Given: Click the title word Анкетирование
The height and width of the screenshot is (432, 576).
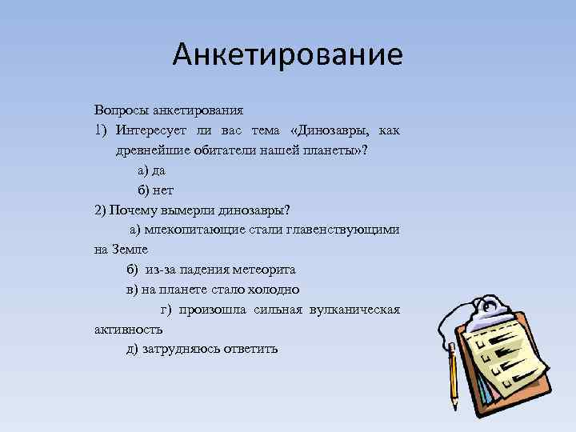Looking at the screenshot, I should point(287,55).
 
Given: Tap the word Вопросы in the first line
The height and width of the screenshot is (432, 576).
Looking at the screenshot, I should point(117,109).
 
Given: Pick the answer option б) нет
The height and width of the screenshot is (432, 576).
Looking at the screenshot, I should point(154,190).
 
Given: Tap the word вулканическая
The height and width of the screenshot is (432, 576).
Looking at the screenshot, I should point(351,310).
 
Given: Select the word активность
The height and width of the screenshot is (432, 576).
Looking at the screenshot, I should point(128,329).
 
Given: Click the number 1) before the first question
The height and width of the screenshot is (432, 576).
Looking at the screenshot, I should point(100,130).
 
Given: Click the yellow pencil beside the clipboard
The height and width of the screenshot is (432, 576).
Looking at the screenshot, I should point(453,374).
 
